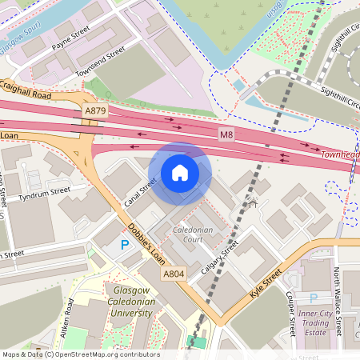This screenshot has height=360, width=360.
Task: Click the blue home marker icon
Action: coord(180,173)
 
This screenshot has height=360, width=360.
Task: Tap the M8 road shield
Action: coord(226,138)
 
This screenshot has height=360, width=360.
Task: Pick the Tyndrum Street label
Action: coord(45,192)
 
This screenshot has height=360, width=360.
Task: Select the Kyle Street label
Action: coord(266,284)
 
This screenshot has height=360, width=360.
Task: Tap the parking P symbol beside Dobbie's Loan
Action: coord(124,245)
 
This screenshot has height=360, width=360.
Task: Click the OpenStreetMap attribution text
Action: coord(80,354)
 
